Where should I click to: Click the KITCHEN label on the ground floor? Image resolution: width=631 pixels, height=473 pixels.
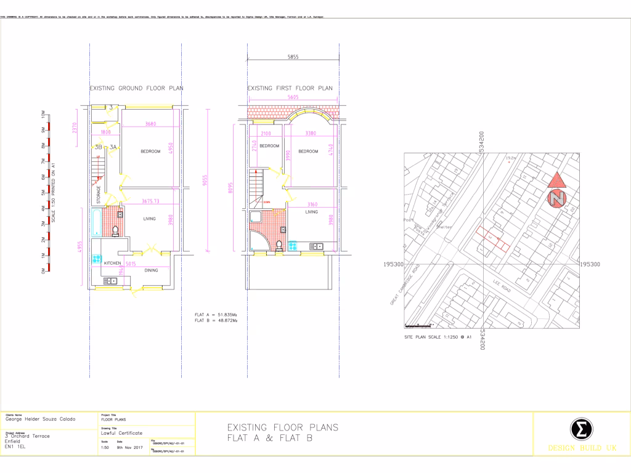[x=113, y=263]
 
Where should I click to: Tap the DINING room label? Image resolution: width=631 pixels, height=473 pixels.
[x=151, y=270]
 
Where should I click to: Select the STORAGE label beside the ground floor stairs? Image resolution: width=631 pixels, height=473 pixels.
[x=99, y=195]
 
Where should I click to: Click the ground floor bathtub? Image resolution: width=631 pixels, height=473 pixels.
[x=96, y=222]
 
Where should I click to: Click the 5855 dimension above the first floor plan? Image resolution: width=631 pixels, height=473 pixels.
[x=293, y=57]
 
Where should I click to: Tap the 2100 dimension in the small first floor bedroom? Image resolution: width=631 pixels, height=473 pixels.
[x=266, y=133]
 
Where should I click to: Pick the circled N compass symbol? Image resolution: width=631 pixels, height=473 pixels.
[x=557, y=199]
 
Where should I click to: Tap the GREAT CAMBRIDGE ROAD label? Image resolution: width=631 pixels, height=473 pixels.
[x=404, y=286]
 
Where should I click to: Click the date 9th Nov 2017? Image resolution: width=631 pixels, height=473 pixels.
[x=128, y=448]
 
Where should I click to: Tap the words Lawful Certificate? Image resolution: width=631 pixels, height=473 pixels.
[x=121, y=434]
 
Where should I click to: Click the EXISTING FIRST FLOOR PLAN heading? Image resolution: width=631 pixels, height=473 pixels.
[x=290, y=88]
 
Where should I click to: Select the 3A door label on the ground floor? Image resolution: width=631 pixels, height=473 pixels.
[x=113, y=147]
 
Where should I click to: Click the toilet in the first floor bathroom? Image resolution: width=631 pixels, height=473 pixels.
[x=279, y=246]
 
